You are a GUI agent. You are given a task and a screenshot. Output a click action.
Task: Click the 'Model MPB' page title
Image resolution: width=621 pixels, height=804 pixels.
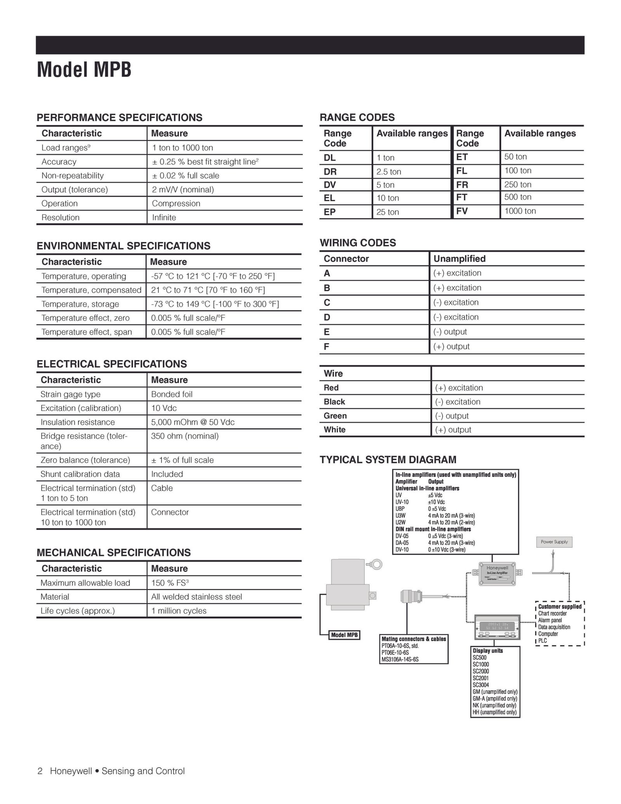click(84, 70)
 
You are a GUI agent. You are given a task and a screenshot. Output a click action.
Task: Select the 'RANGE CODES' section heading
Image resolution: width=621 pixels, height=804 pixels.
click(357, 117)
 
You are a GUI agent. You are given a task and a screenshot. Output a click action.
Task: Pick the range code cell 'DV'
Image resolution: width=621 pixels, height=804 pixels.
click(330, 185)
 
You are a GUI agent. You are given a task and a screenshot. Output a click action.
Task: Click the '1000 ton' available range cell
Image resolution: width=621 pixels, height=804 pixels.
click(520, 211)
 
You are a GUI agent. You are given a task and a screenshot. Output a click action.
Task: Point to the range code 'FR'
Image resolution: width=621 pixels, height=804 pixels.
click(462, 184)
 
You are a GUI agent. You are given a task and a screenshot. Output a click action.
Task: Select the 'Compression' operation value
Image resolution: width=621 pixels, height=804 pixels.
click(176, 203)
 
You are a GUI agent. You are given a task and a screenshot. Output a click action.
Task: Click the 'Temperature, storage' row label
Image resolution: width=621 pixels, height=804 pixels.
click(80, 304)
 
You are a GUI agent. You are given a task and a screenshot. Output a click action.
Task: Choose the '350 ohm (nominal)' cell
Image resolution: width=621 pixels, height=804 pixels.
click(185, 436)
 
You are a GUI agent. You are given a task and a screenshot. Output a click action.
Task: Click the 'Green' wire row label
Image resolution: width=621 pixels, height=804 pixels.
click(335, 416)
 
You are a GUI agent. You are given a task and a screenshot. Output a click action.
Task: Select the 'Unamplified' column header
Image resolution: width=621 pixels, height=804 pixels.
click(459, 259)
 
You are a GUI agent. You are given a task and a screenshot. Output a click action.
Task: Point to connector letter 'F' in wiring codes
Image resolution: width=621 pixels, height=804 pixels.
click(326, 346)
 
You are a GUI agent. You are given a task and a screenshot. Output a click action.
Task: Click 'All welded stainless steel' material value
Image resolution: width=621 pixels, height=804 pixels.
click(196, 597)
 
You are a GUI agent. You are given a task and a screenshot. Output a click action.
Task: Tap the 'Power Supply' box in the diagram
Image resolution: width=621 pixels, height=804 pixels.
click(554, 542)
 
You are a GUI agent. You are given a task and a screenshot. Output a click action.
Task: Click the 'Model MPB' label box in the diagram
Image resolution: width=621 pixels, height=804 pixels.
click(344, 635)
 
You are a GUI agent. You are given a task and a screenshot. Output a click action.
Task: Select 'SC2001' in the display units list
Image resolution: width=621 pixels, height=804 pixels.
click(480, 678)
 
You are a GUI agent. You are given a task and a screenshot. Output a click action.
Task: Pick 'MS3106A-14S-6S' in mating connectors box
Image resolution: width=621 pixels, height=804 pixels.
click(400, 660)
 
